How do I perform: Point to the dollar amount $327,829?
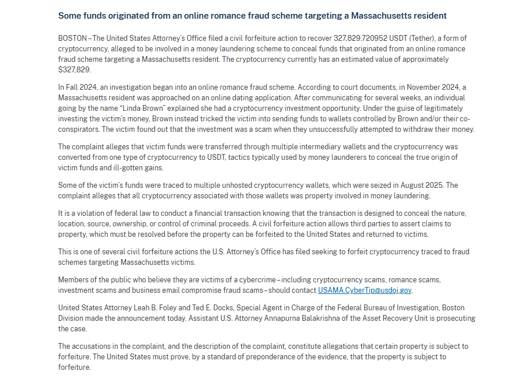[75, 69]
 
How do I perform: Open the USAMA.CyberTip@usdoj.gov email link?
[365, 290]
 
